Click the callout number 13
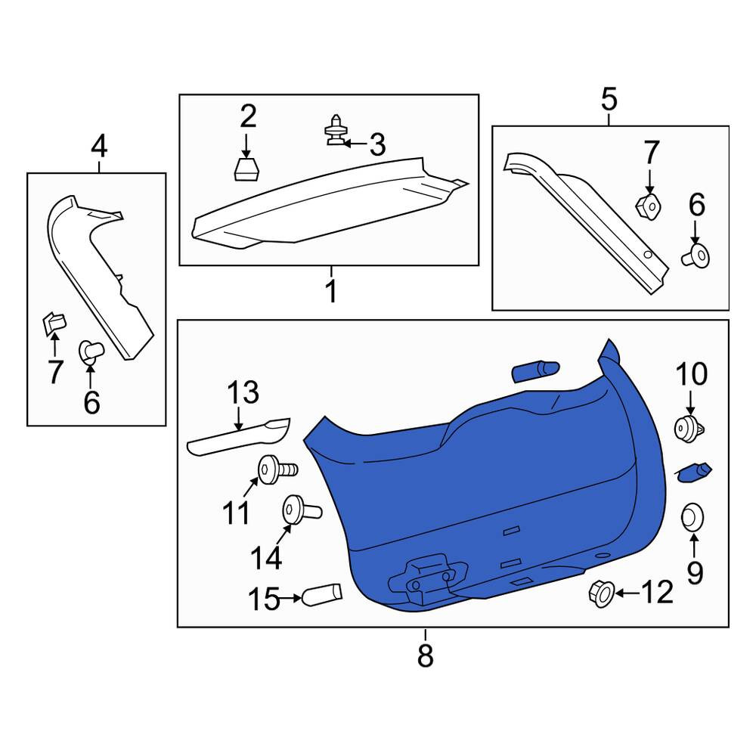coord(243,392)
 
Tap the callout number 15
coord(264,600)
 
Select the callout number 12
coord(657,592)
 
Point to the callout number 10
coord(692,374)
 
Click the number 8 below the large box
coord(425,655)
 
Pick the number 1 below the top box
coord(331,291)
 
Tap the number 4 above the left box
coord(99,147)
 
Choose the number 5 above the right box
coord(609,99)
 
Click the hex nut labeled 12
coord(603,593)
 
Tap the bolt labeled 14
coord(302,509)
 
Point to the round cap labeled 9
coord(692,517)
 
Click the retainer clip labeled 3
coord(336,130)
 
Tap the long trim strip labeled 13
coord(239,437)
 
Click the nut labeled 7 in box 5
coord(648,207)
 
